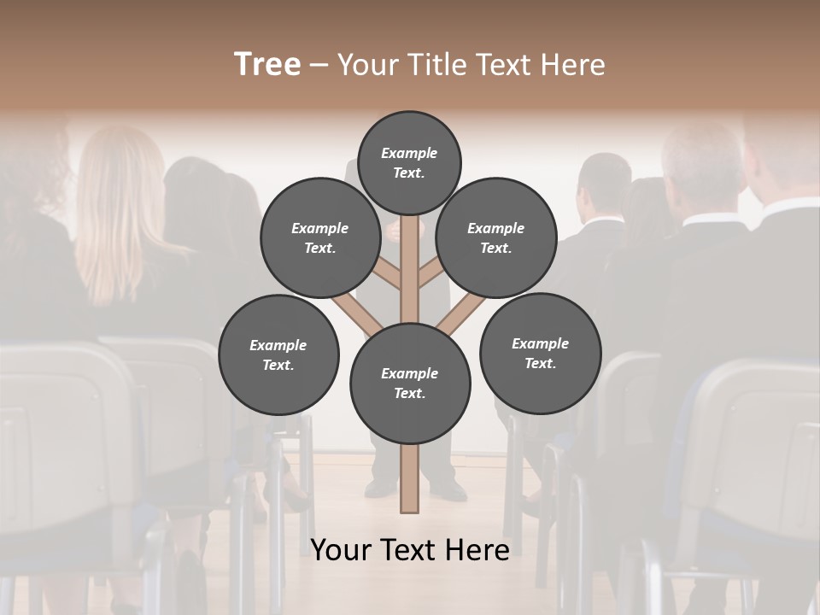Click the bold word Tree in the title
click(267, 64)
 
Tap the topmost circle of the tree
click(409, 162)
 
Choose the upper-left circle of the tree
click(319, 238)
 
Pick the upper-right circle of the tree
click(496, 238)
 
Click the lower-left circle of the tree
click(278, 354)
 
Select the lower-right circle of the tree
click(540, 354)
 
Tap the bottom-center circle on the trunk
click(409, 384)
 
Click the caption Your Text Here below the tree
click(409, 551)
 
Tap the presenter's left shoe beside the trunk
click(381, 488)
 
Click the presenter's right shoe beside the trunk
click(448, 489)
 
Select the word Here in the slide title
click(571, 65)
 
